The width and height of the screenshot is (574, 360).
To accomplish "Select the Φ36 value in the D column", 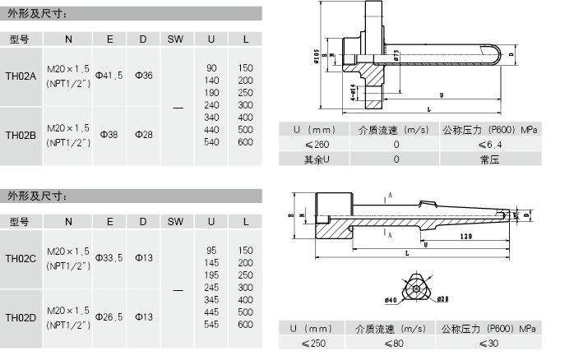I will click(143, 75).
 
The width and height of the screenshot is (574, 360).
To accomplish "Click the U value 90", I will click(211, 67).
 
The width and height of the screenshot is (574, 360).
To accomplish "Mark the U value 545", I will click(211, 325).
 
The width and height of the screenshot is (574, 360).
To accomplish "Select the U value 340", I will click(211, 118).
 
